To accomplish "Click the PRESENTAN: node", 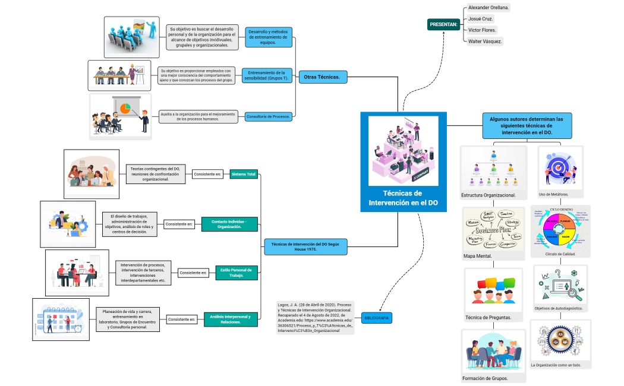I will (443, 24).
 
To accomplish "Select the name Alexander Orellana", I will (489, 7).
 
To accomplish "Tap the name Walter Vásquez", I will (485, 41).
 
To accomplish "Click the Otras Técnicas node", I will (322, 77).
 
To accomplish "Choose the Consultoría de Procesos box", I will (269, 116).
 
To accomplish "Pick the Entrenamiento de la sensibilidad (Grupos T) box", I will (267, 75).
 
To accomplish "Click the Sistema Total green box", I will (244, 174).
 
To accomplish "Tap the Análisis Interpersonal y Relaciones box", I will (231, 319).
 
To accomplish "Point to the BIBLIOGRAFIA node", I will (376, 318).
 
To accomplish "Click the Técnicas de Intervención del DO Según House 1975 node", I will (305, 246).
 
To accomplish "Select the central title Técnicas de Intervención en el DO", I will (403, 198).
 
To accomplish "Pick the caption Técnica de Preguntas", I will (489, 318).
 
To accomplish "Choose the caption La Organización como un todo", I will (556, 365).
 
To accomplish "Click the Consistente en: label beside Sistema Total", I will (207, 174).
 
